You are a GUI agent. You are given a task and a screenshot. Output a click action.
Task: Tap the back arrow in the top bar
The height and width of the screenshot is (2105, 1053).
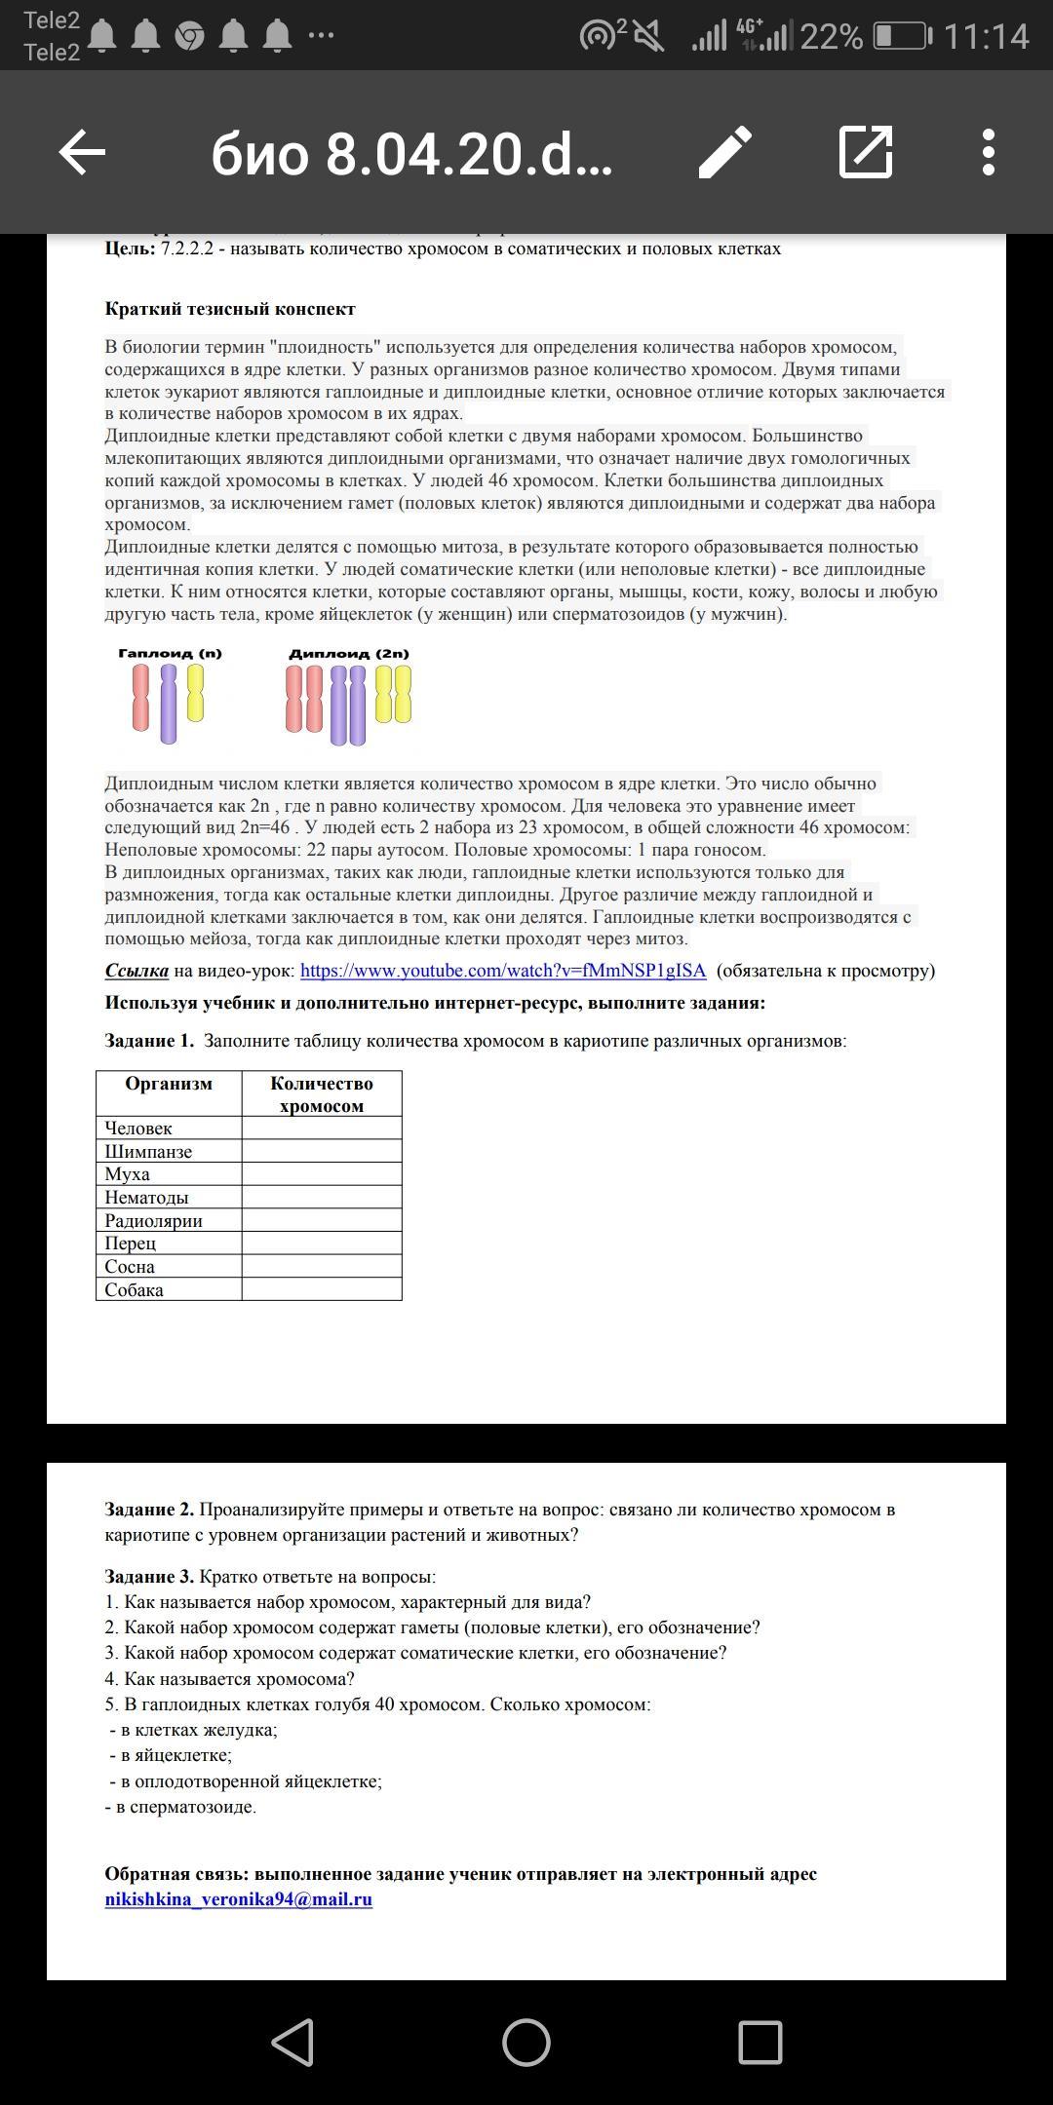tap(82, 153)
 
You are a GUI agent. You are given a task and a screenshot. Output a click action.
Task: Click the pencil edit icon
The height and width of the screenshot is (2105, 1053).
tap(725, 152)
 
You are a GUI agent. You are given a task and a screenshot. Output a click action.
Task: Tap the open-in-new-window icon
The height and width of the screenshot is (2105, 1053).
tap(866, 152)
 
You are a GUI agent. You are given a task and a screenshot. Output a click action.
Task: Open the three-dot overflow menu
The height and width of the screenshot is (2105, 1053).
tap(988, 152)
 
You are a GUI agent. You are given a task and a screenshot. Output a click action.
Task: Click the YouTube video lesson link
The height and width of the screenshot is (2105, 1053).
tap(502, 971)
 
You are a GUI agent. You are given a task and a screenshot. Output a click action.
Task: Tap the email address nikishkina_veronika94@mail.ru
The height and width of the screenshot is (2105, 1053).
tap(239, 1898)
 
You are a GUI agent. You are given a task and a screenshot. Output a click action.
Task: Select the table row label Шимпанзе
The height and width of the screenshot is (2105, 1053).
tap(148, 1151)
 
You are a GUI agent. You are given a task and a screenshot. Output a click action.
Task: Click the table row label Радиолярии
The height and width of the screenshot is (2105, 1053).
tap(153, 1220)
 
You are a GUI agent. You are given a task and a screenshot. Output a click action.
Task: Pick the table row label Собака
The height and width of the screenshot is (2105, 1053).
tap(134, 1289)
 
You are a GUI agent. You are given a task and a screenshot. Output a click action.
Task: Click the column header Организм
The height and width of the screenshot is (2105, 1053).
tap(169, 1084)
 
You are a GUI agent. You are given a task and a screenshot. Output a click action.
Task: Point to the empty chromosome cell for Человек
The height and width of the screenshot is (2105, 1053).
tap(322, 1128)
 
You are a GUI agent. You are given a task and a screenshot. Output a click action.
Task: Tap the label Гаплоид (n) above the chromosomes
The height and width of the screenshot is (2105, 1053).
tap(170, 654)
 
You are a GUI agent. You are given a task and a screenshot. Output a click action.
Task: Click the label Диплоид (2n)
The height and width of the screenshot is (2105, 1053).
tap(348, 654)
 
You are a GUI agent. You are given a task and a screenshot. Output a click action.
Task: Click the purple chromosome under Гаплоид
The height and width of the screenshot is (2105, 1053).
tap(169, 704)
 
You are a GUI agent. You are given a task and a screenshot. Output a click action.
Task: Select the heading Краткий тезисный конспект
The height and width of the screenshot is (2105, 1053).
tap(230, 309)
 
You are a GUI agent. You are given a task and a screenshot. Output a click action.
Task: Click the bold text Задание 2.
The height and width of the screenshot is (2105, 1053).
tap(149, 1510)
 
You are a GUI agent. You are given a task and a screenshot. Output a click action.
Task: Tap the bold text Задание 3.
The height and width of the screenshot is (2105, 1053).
tap(149, 1577)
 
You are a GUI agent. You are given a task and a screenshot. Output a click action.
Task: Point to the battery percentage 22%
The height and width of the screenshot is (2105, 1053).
tap(832, 37)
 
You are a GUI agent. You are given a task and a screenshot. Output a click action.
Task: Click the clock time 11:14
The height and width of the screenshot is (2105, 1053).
tap(986, 37)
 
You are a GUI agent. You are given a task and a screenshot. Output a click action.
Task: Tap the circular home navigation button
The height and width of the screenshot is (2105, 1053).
tap(526, 2043)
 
